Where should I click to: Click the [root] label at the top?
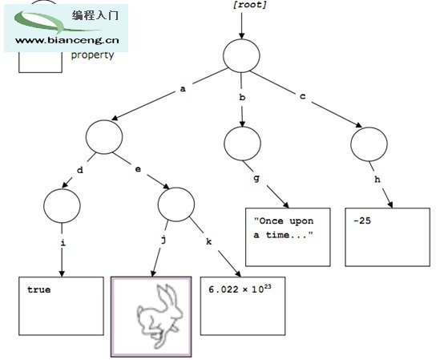pos(250,5)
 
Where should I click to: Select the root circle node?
pos(241,55)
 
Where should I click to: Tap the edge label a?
pos(183,89)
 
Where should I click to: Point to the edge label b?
pos(242,97)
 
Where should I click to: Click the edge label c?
pos(303,96)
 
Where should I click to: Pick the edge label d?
pos(80,170)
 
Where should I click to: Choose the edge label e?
pos(138,169)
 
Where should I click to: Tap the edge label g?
pos(256,179)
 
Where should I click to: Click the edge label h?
pos(377,179)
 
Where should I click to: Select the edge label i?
pos(63,242)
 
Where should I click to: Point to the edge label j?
pos(163,241)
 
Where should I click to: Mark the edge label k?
pos(208,241)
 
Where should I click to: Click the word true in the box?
pos(39,289)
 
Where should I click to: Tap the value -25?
pos(362,220)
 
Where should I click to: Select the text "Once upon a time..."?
pos(284,228)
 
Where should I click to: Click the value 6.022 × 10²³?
pos(240,289)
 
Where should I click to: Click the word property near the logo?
pos(92,55)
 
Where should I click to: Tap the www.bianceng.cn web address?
pos(67,40)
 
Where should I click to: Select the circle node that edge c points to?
pos(369,144)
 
